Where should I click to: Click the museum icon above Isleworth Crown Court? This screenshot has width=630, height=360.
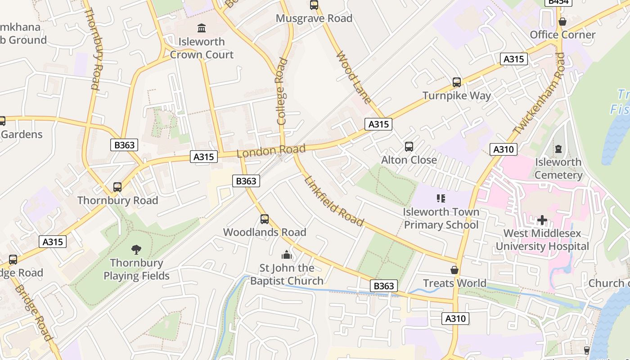point(201,28)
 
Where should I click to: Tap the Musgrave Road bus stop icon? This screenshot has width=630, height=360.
point(314,5)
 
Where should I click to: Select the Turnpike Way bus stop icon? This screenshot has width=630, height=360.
point(457,82)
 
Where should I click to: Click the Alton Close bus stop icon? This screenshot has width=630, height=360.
point(409,146)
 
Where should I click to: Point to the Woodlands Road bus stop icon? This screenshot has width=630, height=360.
point(265,219)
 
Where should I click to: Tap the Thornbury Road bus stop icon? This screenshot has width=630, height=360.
point(117,187)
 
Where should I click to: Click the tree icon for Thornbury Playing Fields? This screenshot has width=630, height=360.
point(136,249)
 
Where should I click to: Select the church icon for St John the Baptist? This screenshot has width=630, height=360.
point(287,255)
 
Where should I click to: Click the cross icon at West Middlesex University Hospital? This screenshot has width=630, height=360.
point(542,220)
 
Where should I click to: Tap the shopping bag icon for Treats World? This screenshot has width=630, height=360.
point(454,270)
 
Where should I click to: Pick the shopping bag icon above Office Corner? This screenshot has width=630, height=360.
point(562,21)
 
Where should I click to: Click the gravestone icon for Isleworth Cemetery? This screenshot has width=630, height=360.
point(558,148)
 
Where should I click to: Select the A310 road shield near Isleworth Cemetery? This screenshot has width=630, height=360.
point(503,149)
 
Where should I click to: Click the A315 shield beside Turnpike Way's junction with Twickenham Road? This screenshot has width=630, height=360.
point(513,59)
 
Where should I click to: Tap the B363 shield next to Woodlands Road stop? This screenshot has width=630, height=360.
point(246,181)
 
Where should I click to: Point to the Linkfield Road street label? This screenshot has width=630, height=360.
point(334,201)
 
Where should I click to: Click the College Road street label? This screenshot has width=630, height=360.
point(282,91)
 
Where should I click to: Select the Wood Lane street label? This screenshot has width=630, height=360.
point(354,77)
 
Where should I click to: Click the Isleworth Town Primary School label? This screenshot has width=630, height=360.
point(441,218)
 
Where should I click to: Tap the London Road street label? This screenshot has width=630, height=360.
point(271,151)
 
